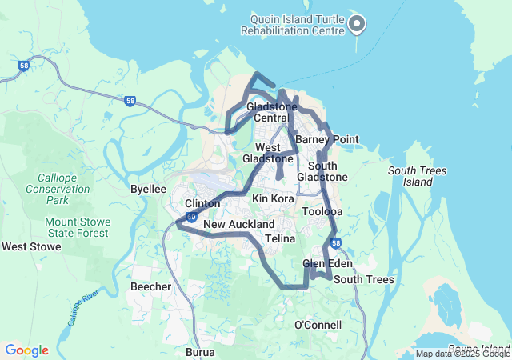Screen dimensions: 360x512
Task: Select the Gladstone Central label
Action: click(x=271, y=112)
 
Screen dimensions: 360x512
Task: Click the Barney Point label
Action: click(x=326, y=139)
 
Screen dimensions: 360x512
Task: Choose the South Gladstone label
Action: click(x=322, y=171)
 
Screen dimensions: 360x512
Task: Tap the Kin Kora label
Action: click(x=273, y=198)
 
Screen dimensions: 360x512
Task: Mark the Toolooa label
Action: click(x=322, y=212)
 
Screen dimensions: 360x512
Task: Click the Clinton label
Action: click(x=202, y=204)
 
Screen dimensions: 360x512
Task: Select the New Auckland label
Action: click(x=238, y=224)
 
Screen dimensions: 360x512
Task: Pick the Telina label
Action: click(x=280, y=238)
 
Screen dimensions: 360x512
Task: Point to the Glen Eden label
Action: click(x=323, y=263)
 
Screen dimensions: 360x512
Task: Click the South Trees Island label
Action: click(x=418, y=176)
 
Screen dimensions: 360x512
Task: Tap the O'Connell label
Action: click(x=318, y=325)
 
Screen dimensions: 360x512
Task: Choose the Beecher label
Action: click(x=150, y=286)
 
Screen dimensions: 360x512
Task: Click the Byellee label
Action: click(x=148, y=189)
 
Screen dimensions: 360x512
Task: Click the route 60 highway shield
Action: click(x=191, y=217)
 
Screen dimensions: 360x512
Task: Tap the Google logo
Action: click(x=26, y=350)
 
